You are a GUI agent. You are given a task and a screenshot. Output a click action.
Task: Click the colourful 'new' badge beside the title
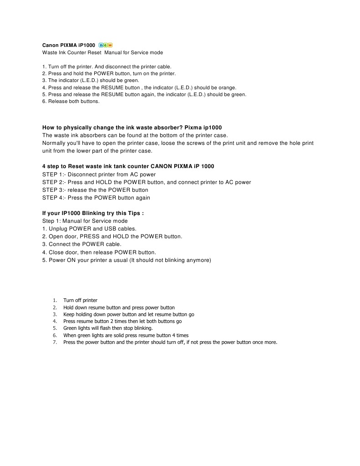[105, 45]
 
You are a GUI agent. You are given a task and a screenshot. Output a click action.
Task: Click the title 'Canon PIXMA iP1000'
[69, 46]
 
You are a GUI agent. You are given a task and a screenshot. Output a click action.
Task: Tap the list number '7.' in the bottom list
[55, 342]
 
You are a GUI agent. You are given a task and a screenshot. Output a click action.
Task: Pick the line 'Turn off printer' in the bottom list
[81, 300]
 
